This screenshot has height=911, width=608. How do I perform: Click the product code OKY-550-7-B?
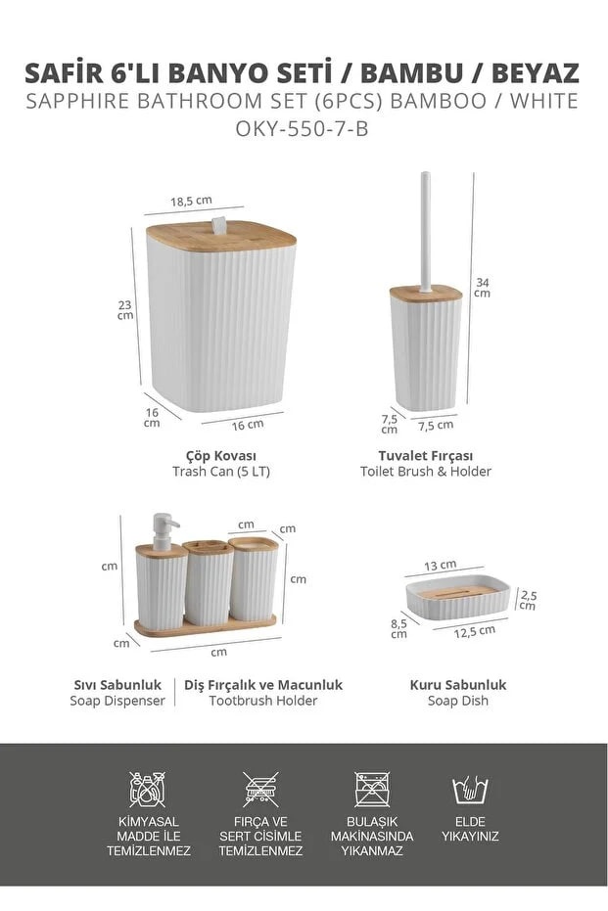(302, 128)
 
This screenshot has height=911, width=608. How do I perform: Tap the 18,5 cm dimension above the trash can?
(191, 201)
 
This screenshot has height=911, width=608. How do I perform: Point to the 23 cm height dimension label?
(125, 310)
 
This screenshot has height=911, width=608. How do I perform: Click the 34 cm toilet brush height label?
(482, 288)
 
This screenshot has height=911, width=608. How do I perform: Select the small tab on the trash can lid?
(218, 225)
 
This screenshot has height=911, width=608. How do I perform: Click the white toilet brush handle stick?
(426, 231)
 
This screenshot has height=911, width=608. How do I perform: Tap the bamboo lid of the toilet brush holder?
(426, 294)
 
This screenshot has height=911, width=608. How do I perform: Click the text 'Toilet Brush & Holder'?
(426, 472)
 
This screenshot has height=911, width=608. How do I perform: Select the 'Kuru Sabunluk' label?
(458, 684)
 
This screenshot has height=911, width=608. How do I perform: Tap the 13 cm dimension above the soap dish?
(440, 566)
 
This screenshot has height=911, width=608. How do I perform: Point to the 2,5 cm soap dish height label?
(529, 600)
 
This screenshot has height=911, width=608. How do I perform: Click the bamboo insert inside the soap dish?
(459, 593)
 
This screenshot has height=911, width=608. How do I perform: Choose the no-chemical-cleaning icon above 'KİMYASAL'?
(148, 789)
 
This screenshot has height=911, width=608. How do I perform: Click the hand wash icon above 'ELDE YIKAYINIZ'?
(470, 789)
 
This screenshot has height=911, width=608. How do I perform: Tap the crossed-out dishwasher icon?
(372, 789)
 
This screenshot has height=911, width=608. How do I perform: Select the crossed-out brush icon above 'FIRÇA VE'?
(260, 789)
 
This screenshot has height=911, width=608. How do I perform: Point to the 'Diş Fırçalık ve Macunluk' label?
(263, 684)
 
